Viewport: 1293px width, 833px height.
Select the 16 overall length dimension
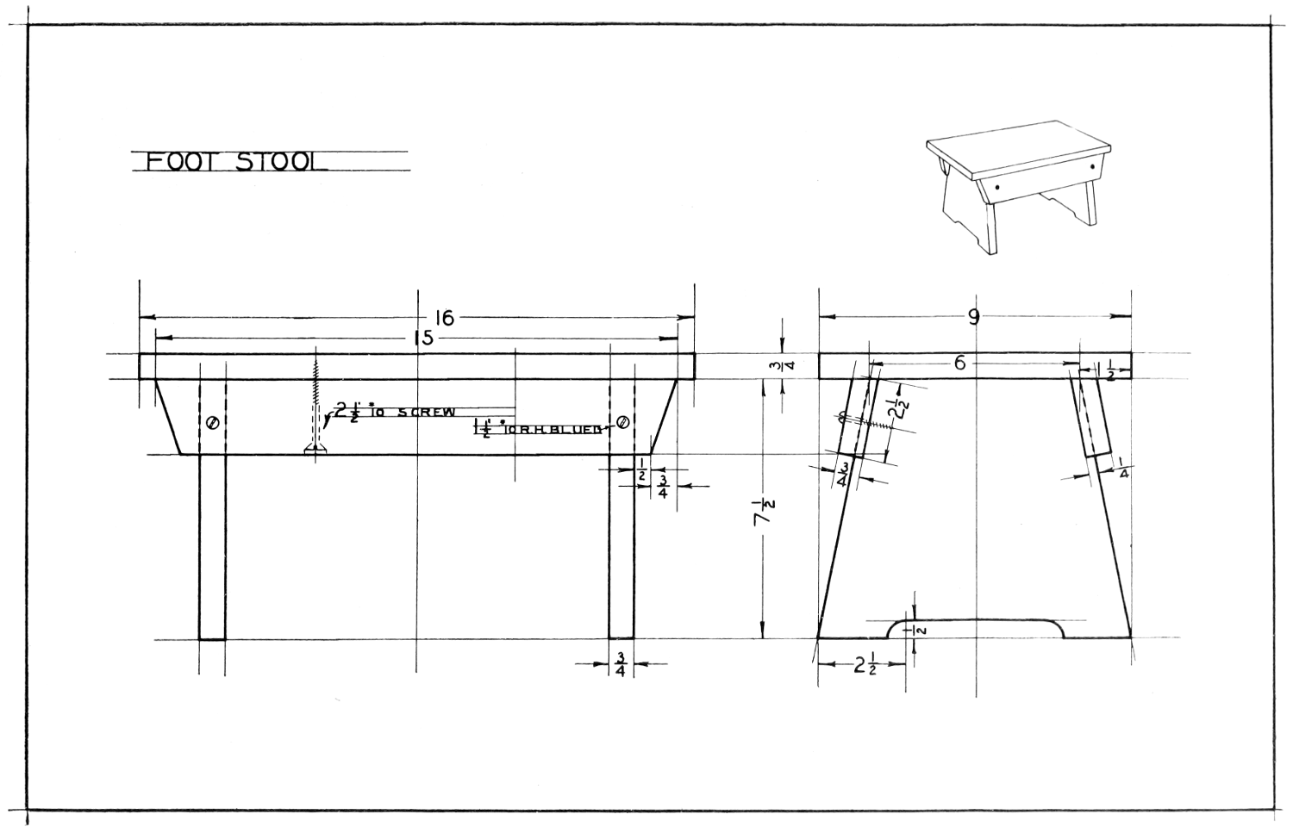click(x=443, y=319)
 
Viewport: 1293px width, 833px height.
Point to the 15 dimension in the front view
click(x=423, y=339)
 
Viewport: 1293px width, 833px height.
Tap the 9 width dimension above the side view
click(x=974, y=317)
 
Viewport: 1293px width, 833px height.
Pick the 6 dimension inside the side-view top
click(x=959, y=364)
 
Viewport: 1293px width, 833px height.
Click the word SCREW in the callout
click(x=426, y=413)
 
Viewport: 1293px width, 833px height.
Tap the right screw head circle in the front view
click(x=622, y=423)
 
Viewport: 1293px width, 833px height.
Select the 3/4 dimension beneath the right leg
click(x=621, y=665)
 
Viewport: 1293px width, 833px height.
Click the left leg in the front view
click(x=212, y=546)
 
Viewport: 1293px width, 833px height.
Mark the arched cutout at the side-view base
click(x=977, y=626)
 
